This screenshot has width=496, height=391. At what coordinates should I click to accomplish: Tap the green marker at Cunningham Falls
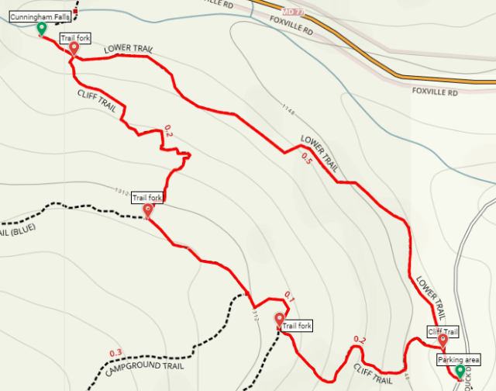coord(42,29)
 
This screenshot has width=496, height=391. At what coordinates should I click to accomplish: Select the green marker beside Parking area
coord(460,372)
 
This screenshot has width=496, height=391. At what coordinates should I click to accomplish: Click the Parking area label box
coord(459,360)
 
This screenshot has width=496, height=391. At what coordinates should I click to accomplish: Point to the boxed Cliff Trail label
coord(443,332)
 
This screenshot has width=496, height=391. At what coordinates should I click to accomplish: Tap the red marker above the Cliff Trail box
coord(443,341)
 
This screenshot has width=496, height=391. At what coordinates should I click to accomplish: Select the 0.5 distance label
coord(307,162)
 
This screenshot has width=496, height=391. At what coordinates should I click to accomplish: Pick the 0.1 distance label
coord(291,296)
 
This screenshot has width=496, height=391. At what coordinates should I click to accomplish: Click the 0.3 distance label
coord(115,354)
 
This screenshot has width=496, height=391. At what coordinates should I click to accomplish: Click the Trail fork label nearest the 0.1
coord(296,326)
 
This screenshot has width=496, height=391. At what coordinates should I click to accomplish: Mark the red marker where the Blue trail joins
coord(148,209)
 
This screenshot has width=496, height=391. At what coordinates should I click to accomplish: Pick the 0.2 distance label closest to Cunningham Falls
coord(167,132)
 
